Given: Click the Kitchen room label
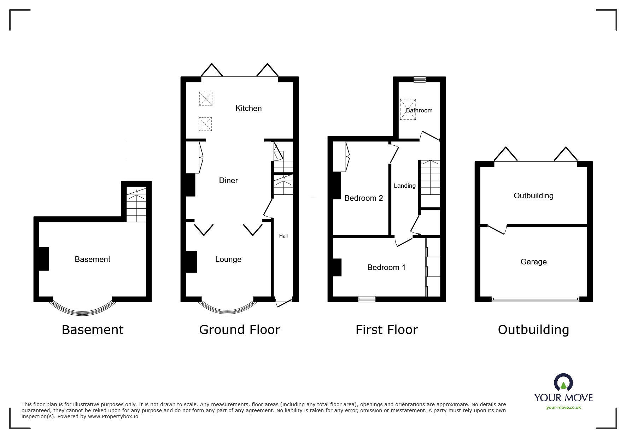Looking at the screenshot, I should (x=248, y=108).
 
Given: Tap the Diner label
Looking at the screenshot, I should (x=228, y=180).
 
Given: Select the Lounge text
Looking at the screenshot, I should (x=228, y=259).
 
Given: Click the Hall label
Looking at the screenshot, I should (x=283, y=236).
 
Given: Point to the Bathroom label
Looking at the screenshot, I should (x=419, y=110).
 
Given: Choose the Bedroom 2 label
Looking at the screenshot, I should (x=363, y=198).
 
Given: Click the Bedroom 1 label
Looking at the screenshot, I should (x=386, y=267).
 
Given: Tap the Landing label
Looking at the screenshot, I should (x=404, y=186).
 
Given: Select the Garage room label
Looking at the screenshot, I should (x=533, y=262).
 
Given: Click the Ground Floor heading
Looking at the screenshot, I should (x=239, y=329).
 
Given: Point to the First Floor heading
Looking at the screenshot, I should (x=386, y=329).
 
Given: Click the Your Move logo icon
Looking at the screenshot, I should (x=563, y=383).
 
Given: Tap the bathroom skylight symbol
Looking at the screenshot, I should (x=408, y=109).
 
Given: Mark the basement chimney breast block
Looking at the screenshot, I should (x=43, y=259).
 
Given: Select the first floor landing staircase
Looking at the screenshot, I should (x=430, y=177).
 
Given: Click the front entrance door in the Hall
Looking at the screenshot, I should (x=283, y=303).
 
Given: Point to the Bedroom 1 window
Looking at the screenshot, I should (x=367, y=299).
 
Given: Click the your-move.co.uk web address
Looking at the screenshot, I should (x=563, y=408).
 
